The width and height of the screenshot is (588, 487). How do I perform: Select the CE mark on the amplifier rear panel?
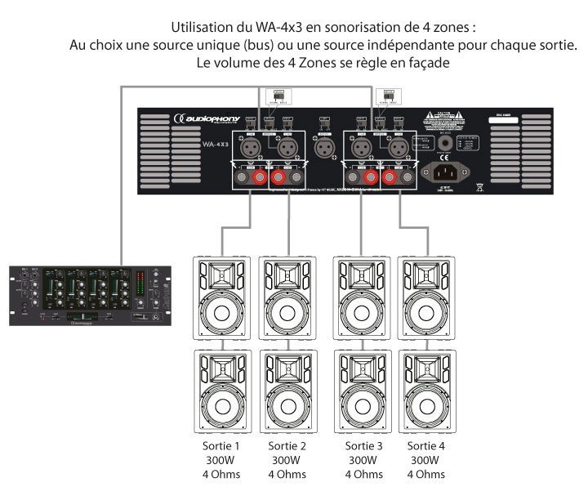coord(443,136)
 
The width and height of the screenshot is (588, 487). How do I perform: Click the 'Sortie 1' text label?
coord(220,447)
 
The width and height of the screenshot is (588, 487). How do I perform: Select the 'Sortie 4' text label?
coord(427,447)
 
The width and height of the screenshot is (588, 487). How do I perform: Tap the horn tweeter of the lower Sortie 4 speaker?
coord(427,368)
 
